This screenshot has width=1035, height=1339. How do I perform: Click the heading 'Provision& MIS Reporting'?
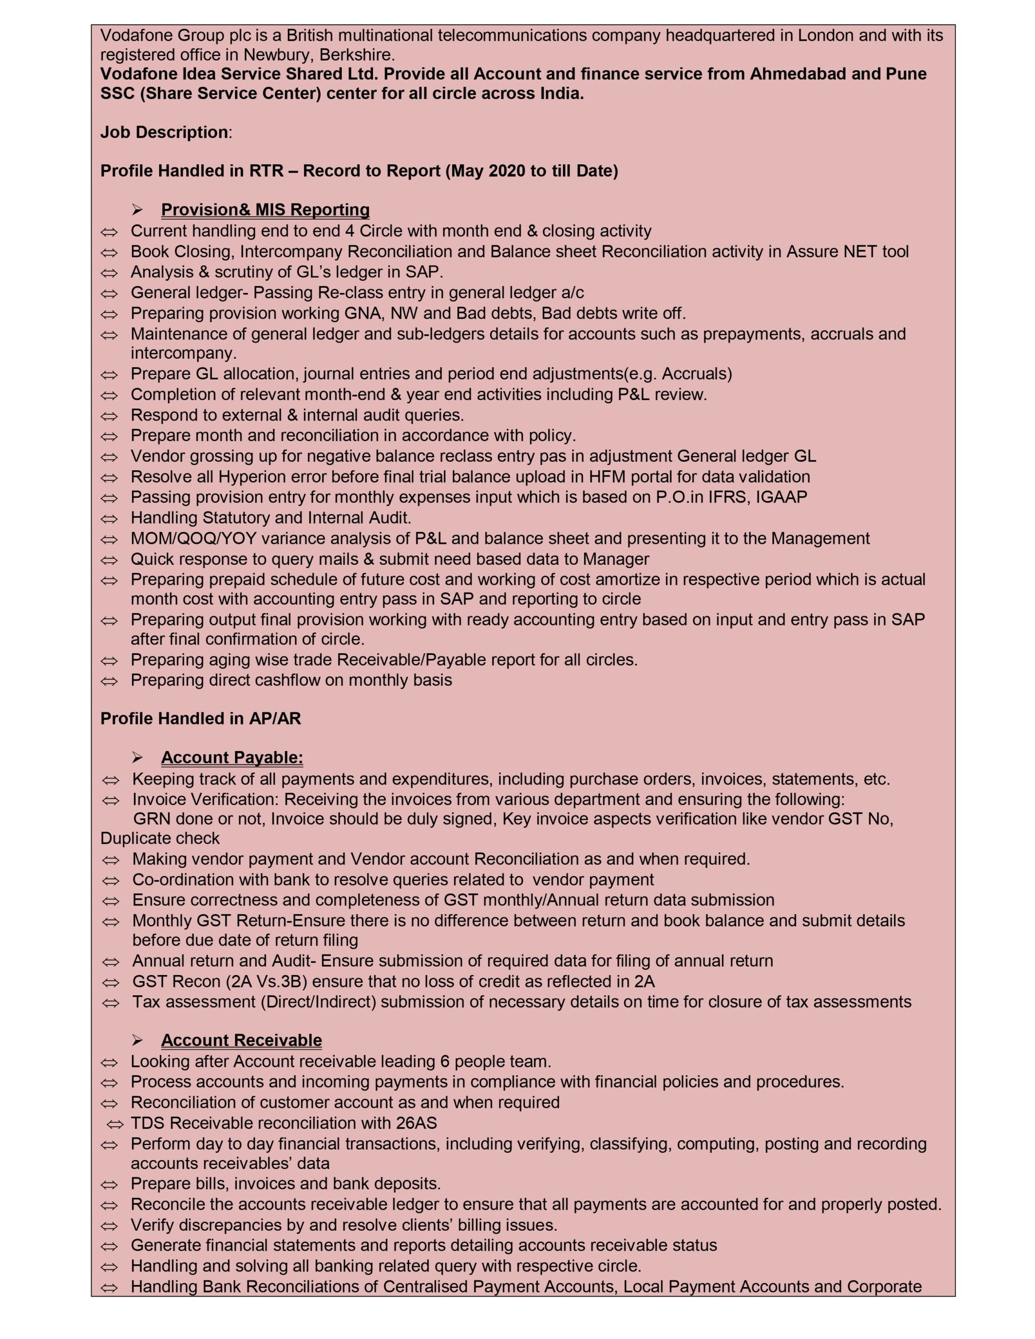click(x=265, y=210)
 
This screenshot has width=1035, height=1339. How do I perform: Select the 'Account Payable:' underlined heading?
click(x=232, y=758)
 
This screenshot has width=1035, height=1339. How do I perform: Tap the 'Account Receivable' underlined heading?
click(x=241, y=1040)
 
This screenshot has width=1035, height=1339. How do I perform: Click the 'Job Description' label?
click(x=164, y=132)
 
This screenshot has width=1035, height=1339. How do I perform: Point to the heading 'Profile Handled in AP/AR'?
click(x=200, y=719)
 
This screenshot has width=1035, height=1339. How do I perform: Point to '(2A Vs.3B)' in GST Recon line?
click(x=269, y=982)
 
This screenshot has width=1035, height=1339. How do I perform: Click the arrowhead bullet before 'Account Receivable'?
click(x=138, y=1040)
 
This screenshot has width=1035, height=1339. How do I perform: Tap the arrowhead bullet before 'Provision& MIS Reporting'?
click(x=138, y=210)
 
